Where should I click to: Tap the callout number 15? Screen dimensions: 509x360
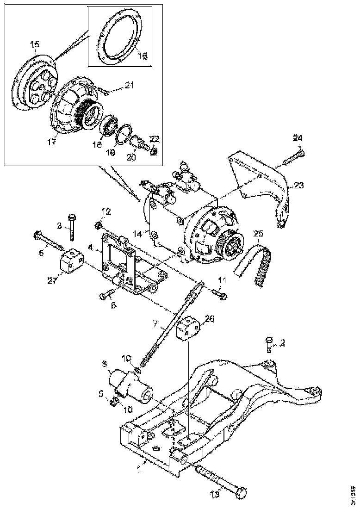point(35,44)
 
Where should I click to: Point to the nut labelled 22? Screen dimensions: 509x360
point(154,151)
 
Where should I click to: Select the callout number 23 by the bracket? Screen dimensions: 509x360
point(299,185)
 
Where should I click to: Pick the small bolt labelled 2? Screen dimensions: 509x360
point(270,343)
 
